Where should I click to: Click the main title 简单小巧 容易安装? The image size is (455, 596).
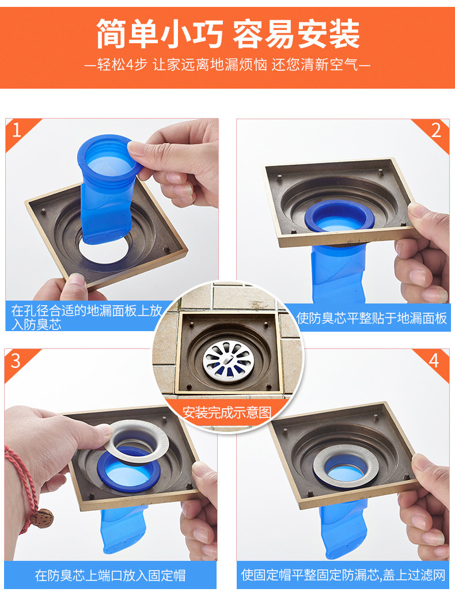(227, 34)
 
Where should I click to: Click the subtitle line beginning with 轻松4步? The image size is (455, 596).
(227, 65)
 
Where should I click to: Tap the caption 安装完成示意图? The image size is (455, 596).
(227, 412)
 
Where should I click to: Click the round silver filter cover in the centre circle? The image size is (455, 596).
(229, 360)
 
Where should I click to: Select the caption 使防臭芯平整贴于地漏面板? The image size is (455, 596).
(371, 318)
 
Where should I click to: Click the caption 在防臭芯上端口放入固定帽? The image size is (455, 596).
(110, 575)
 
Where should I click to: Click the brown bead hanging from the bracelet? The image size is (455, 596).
(41, 518)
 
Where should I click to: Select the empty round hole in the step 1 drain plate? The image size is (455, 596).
(103, 251)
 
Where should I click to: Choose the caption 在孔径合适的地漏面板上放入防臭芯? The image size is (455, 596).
(86, 317)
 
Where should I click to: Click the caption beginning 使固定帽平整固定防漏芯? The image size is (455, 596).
(343, 575)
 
